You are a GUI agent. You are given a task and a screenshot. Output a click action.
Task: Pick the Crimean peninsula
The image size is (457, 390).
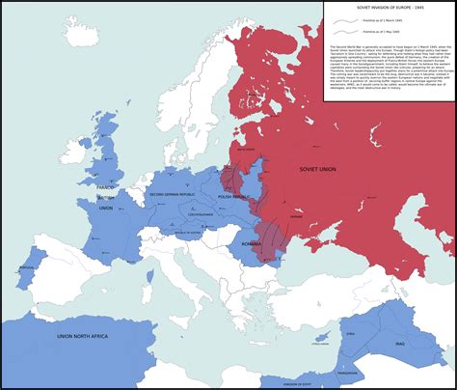318,254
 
